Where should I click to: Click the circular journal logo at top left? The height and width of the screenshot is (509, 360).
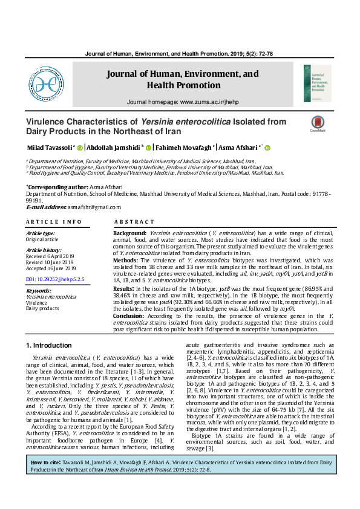47,84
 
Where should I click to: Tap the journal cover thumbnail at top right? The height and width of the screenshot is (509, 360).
316,83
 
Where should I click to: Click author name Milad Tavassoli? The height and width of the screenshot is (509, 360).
48,148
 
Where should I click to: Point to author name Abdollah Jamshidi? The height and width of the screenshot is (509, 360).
113,148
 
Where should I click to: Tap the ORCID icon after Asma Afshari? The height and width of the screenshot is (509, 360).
267,148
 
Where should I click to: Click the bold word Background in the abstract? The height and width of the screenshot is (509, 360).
129,233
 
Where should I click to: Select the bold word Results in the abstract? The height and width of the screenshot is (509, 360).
125,290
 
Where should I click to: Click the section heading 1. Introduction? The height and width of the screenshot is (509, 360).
48,345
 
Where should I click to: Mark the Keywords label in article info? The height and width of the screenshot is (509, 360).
39,291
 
